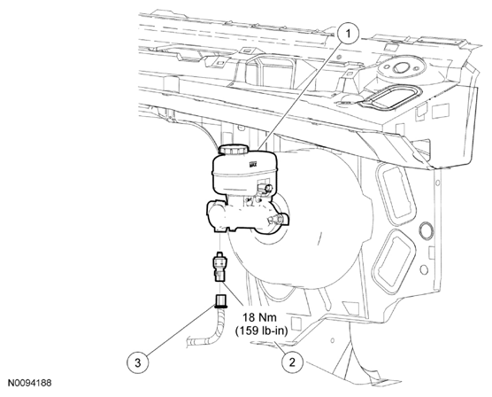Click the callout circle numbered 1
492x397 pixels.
348,34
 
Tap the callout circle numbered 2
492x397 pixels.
292,362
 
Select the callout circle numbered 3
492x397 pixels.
138,363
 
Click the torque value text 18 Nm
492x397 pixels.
259,318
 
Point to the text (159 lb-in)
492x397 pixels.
261,331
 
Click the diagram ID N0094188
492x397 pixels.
29,383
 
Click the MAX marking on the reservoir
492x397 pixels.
253,164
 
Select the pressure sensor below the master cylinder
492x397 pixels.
219,266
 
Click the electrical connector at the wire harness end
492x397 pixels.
220,300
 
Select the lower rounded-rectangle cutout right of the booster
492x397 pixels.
395,260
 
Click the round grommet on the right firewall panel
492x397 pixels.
426,229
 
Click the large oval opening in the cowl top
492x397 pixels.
389,97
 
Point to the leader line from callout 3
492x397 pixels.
180,330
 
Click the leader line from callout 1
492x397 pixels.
299,96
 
